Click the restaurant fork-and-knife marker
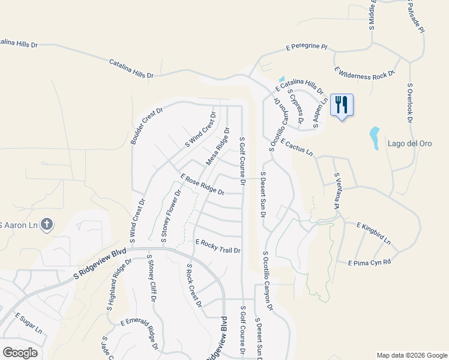pyautogui.click(x=342, y=105)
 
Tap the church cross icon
pyautogui.click(x=48, y=225)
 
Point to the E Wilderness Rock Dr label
pyautogui.click(x=364, y=74)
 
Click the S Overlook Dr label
pyautogui.click(x=411, y=103)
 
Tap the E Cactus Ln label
pyautogui.click(x=297, y=147)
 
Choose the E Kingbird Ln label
pyautogui.click(x=373, y=233)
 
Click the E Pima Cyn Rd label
pyautogui.click(x=369, y=262)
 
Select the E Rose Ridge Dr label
pyautogui.click(x=202, y=184)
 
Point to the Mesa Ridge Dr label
pyautogui.click(x=218, y=146)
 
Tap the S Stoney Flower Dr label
pyautogui.click(x=170, y=217)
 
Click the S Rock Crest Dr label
pyautogui.click(x=194, y=286)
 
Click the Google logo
pyautogui.click(x=20, y=353)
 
